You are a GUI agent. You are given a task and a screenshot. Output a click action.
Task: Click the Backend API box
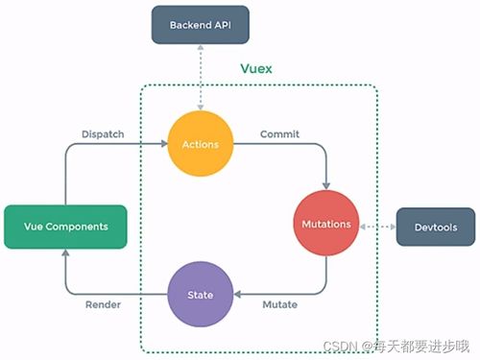(201, 25)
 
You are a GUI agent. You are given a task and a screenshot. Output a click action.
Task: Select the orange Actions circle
(201, 145)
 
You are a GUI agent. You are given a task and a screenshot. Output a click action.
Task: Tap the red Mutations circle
(327, 225)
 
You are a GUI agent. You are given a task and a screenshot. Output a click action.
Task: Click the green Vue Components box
(65, 227)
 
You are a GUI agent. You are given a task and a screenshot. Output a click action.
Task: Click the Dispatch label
(101, 133)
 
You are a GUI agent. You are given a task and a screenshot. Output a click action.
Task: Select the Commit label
(278, 133)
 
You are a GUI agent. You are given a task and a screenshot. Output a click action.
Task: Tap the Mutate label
(279, 304)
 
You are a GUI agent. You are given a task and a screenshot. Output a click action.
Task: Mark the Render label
(103, 304)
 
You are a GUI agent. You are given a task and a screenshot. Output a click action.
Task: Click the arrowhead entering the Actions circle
(162, 145)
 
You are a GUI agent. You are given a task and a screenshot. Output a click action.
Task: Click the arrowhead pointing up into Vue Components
(65, 254)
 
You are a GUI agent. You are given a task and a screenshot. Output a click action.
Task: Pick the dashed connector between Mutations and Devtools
(378, 226)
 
